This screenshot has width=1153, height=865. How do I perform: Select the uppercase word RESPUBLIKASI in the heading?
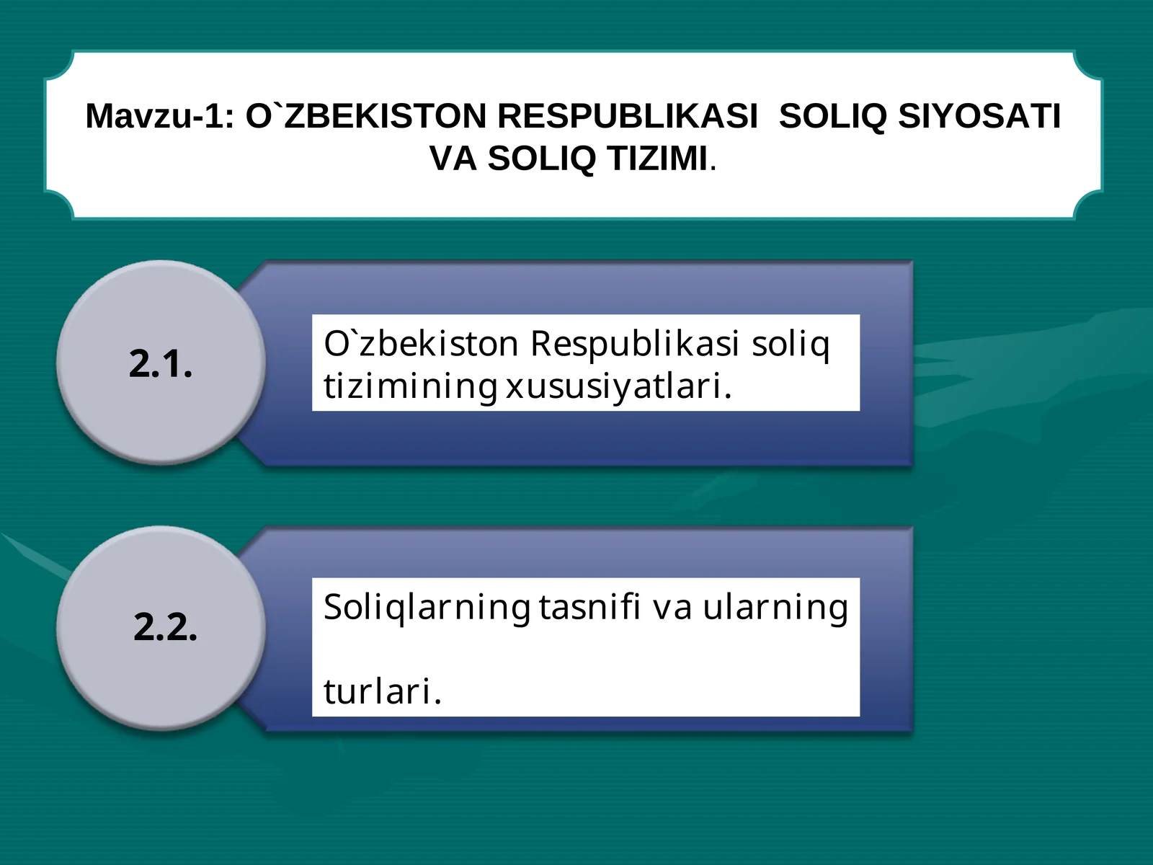[x=628, y=117]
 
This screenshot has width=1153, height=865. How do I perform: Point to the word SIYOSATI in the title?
[x=980, y=117]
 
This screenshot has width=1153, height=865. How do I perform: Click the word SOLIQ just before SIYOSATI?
[x=833, y=117]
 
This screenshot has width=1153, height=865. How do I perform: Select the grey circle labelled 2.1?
[x=161, y=363]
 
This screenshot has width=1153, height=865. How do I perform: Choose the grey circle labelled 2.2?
[x=161, y=627]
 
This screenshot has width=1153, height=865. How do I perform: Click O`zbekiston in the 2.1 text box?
[x=421, y=344]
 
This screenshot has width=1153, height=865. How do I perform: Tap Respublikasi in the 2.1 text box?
[x=635, y=344]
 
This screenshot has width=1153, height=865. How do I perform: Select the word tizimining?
[x=410, y=386]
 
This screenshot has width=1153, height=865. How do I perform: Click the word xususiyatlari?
[x=618, y=386]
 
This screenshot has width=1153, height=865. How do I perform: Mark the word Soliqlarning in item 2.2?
[x=427, y=608]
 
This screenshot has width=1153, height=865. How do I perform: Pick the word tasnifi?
[x=589, y=606]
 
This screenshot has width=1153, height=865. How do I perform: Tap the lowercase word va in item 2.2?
[x=672, y=608]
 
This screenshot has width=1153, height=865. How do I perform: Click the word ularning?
[x=775, y=608]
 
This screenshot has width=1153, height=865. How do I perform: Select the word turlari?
[x=382, y=691]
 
